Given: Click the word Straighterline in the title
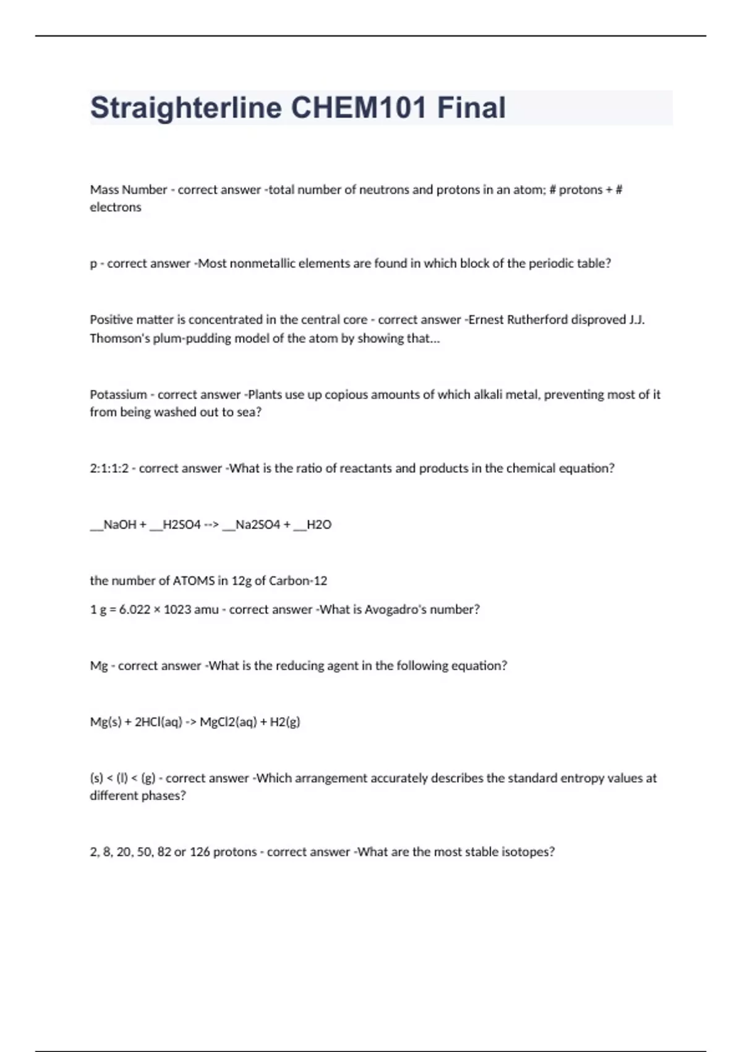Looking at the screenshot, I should coord(186,108).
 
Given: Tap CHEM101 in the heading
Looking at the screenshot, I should coord(359,108).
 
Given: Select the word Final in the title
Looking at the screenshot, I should coord(472,108).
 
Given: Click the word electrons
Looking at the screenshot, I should coord(116,207).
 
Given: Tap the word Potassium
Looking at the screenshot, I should coord(119,395).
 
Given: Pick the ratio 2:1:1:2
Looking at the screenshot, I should coord(109,468).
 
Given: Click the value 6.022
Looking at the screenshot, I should coord(135,610).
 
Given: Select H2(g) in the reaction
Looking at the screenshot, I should coord(285,722).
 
